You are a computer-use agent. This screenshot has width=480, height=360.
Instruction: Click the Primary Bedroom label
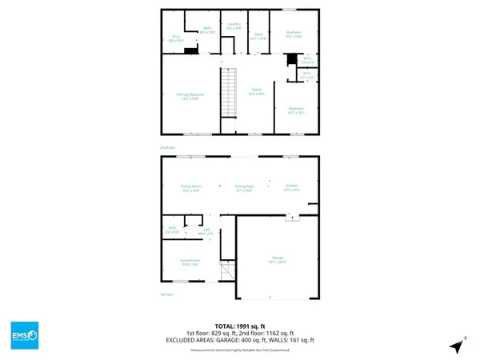point(190,96)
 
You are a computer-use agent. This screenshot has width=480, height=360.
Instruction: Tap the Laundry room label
point(234,26)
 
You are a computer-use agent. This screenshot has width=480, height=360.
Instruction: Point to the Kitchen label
point(291,188)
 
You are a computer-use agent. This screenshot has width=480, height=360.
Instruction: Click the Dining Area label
point(245,188)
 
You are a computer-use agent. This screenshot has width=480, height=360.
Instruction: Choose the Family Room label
point(190,188)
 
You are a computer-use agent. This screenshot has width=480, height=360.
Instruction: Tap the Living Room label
point(190,262)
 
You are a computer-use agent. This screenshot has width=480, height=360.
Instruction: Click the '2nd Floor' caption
point(166,147)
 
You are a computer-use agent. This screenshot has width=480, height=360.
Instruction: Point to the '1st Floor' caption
point(166,294)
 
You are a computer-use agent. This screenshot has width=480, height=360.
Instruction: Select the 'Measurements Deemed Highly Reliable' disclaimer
point(240,350)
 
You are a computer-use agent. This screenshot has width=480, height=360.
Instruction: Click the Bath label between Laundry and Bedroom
point(259,36)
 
